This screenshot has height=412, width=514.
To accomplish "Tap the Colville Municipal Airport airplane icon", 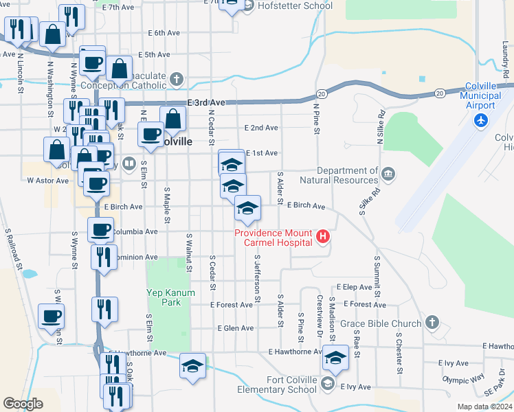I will [481, 121].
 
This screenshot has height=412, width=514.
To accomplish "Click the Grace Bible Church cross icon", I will [432, 322].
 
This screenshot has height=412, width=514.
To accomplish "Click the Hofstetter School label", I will [296, 5].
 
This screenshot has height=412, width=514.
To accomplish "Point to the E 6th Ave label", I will [164, 32].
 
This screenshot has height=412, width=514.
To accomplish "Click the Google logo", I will [23, 403].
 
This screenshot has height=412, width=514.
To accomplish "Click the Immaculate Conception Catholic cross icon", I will [177, 79].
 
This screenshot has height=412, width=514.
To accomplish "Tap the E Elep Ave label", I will [353, 287].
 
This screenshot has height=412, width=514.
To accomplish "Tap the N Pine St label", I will [316, 113].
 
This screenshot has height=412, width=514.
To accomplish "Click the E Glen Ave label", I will [235, 328].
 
